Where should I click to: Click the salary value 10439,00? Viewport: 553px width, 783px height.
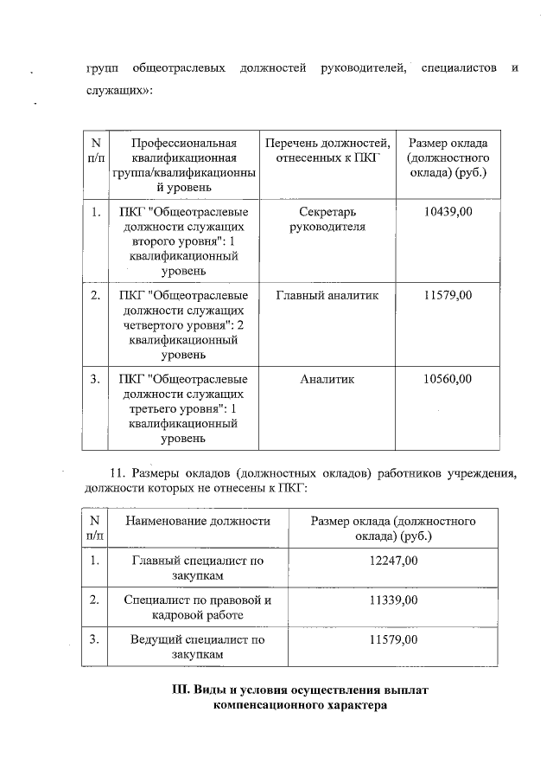[448, 212]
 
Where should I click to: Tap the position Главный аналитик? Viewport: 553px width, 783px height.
[327, 296]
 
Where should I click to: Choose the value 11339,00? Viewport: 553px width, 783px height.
[393, 600]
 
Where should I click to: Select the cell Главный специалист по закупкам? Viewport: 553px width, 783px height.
[198, 568]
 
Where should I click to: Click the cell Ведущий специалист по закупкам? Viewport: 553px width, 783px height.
[198, 648]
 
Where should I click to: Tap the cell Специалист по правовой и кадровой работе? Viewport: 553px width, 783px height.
[198, 607]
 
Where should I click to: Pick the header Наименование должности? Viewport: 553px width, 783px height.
[198, 521]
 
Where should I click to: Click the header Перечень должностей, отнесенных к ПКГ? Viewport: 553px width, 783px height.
[327, 151]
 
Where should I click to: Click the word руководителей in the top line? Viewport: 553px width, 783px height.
[363, 67]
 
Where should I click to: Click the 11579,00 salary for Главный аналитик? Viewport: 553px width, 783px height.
[448, 296]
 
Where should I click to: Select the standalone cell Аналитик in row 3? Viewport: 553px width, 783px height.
[327, 379]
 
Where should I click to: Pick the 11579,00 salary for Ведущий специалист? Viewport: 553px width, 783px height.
[393, 640]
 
